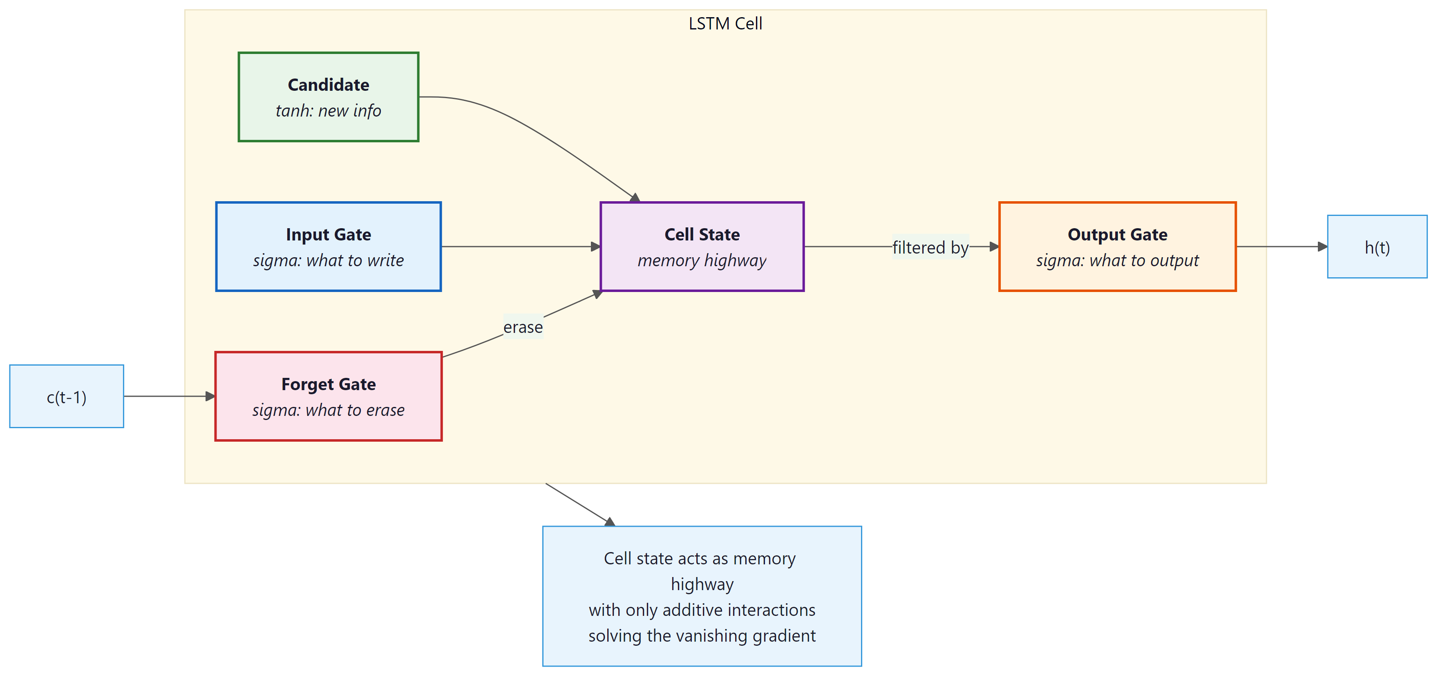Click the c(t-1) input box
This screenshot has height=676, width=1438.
[67, 397]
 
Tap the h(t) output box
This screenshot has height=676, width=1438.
[1377, 247]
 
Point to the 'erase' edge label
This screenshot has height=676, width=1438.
[523, 327]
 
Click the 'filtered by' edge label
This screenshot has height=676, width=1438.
[930, 247]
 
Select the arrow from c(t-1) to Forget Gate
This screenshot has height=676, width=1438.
[168, 396]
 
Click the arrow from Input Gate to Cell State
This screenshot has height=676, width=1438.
[519, 246]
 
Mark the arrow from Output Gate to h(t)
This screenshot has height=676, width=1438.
[1281, 246]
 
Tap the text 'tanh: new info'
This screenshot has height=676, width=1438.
[328, 110]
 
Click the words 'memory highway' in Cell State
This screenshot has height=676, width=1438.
[702, 261]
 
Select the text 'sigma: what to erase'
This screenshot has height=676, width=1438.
[328, 410]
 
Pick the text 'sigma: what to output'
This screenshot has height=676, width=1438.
[1117, 261]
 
